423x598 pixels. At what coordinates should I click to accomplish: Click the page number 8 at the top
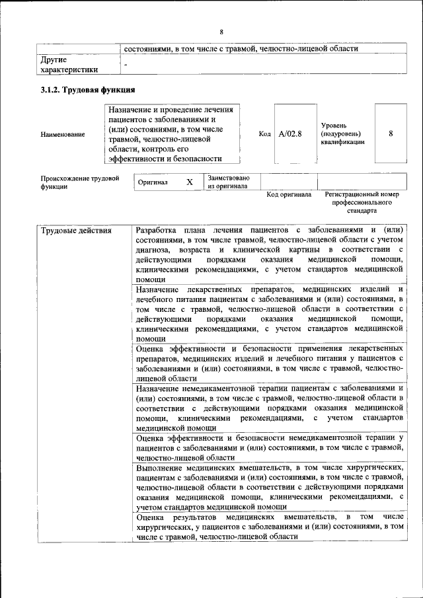(221, 31)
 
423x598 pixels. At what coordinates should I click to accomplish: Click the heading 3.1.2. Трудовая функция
(88, 90)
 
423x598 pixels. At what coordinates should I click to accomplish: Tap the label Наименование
(62, 135)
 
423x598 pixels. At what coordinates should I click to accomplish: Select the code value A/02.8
(290, 134)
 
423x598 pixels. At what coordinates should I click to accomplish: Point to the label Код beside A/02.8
(264, 134)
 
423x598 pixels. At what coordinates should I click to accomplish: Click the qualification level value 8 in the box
(391, 133)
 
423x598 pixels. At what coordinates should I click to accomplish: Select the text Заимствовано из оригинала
(228, 182)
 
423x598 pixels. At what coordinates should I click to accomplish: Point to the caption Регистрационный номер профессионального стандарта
(362, 203)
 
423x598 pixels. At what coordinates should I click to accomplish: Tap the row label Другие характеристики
(69, 64)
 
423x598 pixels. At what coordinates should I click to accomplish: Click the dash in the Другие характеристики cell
(125, 65)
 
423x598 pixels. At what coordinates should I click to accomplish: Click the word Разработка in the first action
(157, 231)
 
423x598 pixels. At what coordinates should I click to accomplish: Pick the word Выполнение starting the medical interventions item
(161, 467)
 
